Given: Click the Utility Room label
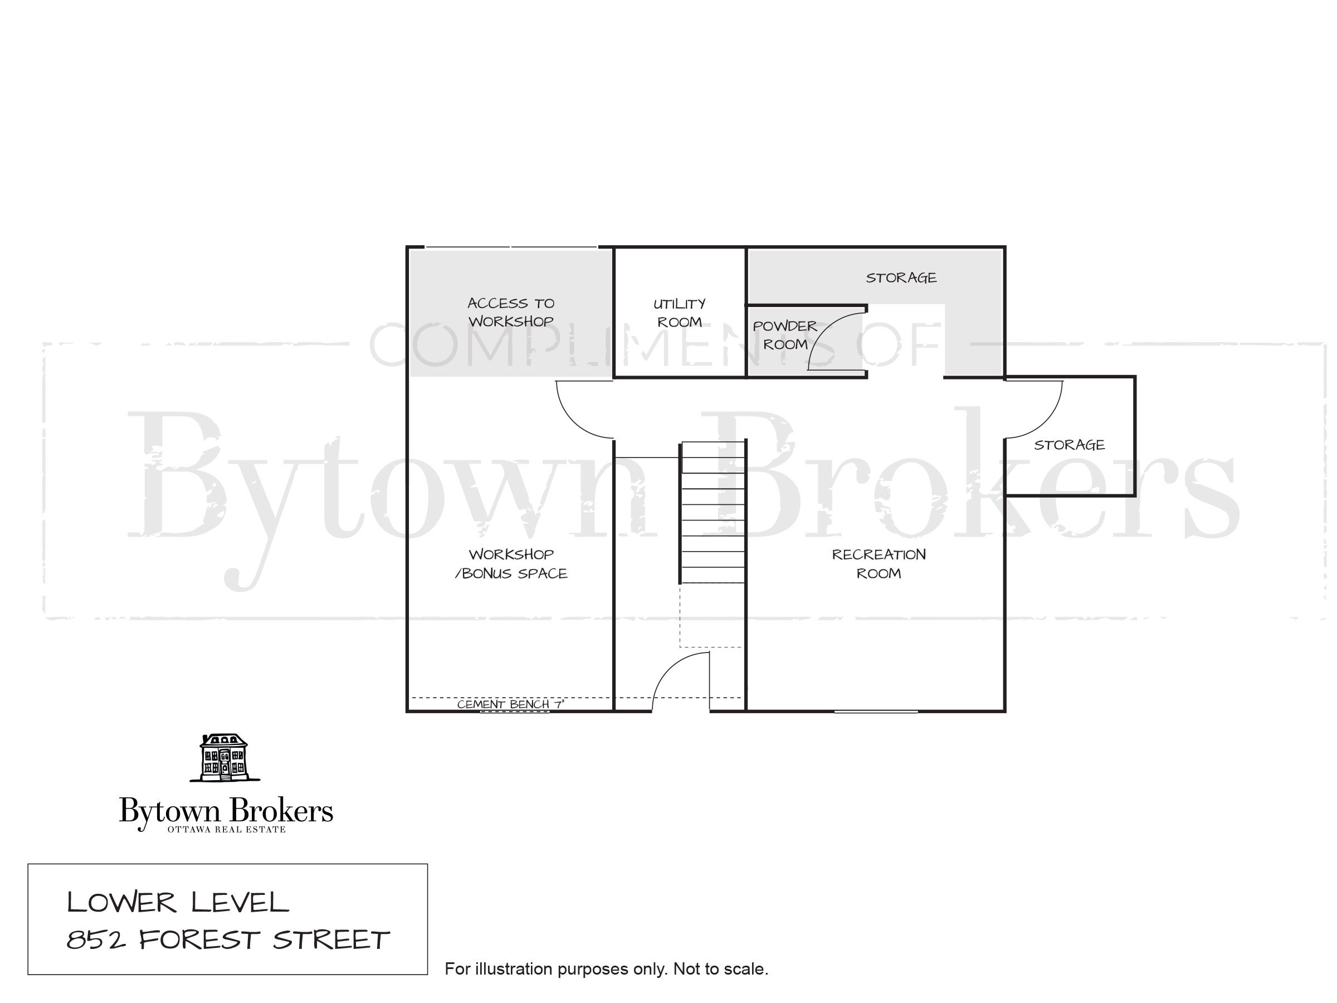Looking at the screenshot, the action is (x=680, y=313).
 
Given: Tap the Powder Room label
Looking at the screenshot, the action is (x=784, y=335).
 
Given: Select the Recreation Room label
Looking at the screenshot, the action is (x=878, y=563).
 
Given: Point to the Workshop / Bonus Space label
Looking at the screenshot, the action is (x=511, y=563).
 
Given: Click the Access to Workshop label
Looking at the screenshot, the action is (x=511, y=312).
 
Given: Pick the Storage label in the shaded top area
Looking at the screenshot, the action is (x=901, y=277).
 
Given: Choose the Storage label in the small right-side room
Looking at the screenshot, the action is (x=1069, y=445).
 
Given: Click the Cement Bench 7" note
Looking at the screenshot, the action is (x=510, y=704).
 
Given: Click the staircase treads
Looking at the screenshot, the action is (x=713, y=513).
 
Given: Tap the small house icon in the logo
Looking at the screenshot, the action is (x=225, y=757).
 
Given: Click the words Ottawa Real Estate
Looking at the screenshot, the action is (x=226, y=830).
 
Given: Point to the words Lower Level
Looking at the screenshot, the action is (x=178, y=903).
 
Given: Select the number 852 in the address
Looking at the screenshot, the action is (x=96, y=940).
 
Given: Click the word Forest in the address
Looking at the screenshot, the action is (x=200, y=940).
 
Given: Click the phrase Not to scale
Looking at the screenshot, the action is (x=720, y=969).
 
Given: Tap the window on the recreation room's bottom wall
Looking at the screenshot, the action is (x=876, y=712).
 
